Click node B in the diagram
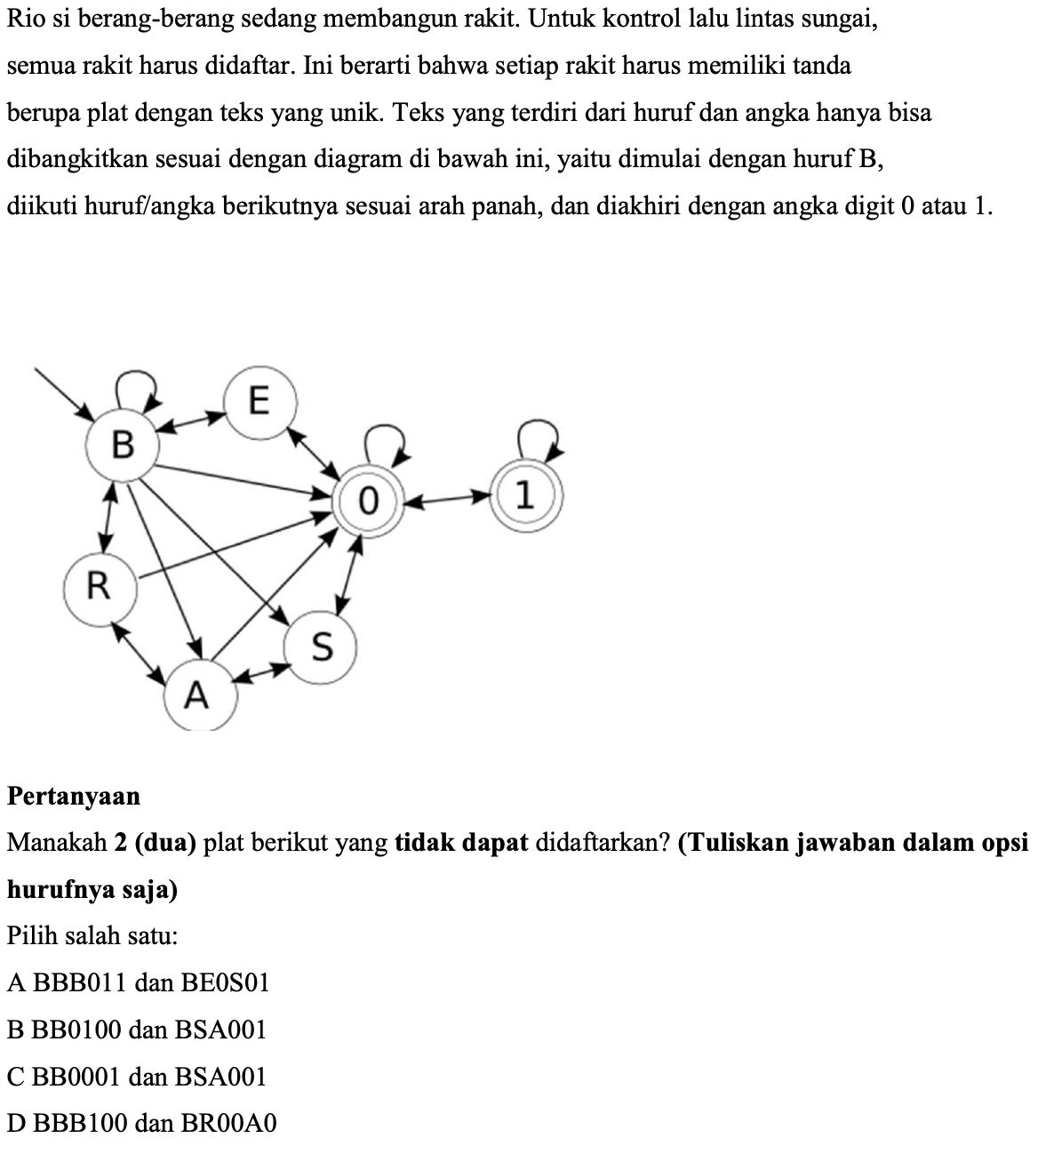click(x=124, y=444)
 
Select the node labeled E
click(x=258, y=403)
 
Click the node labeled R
click(x=100, y=586)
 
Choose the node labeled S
click(x=321, y=647)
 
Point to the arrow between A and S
click(x=262, y=672)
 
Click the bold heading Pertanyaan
click(x=74, y=796)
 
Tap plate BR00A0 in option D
click(x=229, y=1124)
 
